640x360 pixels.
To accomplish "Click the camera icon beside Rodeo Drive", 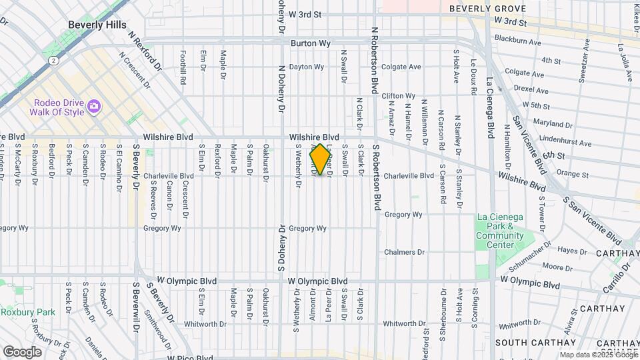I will click(94, 106).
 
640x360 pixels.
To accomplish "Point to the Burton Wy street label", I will click(311, 43).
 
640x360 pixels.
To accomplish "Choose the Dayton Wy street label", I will click(306, 67).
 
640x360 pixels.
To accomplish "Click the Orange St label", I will click(572, 175).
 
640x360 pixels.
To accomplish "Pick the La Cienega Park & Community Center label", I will click(501, 231).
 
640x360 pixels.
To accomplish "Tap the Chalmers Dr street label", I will click(405, 252).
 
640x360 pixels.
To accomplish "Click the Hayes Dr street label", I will click(572, 251).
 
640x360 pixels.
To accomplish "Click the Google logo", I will click(22, 351).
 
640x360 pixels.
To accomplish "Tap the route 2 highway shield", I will click(52, 60).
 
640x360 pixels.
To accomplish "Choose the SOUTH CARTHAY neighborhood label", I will click(531, 342).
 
